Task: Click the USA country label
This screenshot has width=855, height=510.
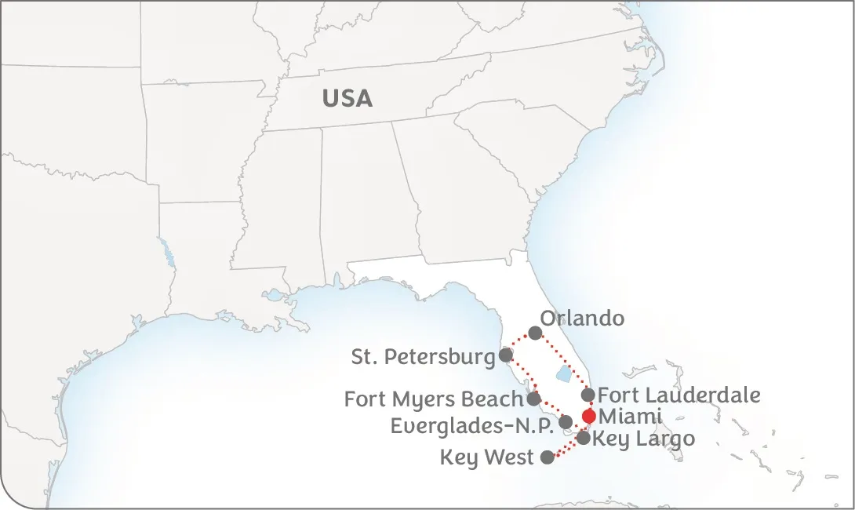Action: pos(347,99)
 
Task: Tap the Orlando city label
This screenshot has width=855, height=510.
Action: pos(583,319)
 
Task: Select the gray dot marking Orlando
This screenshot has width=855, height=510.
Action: pos(535,333)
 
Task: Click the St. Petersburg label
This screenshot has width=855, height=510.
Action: pos(423,358)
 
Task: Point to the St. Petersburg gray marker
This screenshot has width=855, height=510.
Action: pos(506,355)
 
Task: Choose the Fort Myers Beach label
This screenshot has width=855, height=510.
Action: pos(433,399)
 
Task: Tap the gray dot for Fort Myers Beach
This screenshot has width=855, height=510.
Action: pos(533,399)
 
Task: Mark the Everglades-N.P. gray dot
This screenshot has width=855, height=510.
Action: pos(566,422)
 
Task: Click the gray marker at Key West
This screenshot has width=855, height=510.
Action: pos(548,457)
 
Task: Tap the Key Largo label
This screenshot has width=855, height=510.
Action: pos(643,439)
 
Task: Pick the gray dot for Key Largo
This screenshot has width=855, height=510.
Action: pos(584,438)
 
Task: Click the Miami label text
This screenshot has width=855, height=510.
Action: pos(629,417)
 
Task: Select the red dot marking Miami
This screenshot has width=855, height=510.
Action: pos(589,416)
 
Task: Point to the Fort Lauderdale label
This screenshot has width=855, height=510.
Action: pos(679,395)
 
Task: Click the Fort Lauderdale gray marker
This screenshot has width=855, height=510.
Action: pos(588,395)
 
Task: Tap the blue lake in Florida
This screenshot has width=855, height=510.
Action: pos(563,374)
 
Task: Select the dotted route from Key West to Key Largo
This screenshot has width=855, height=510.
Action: pos(566,448)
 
